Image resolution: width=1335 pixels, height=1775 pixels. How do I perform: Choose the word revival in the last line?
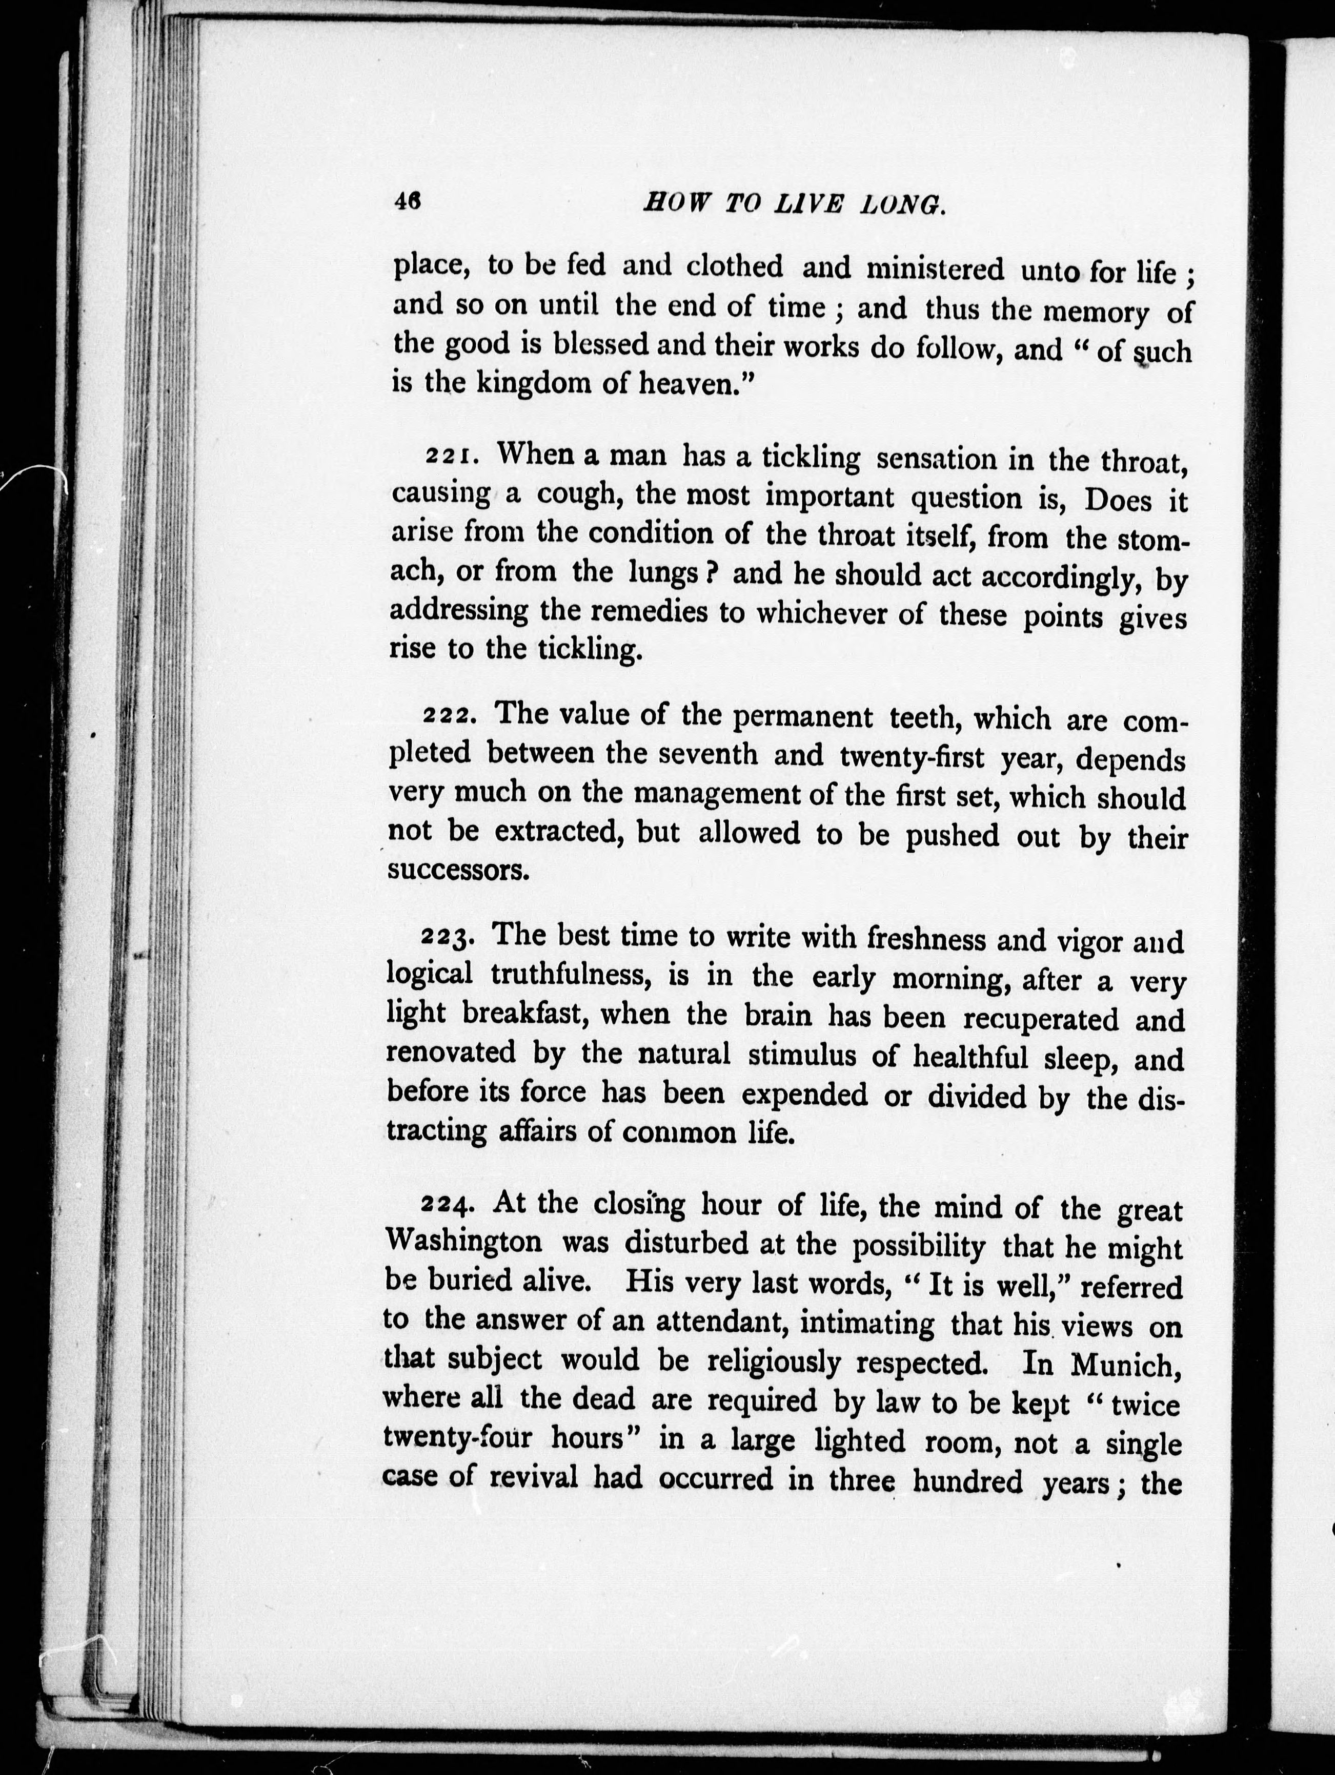coord(533,1478)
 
